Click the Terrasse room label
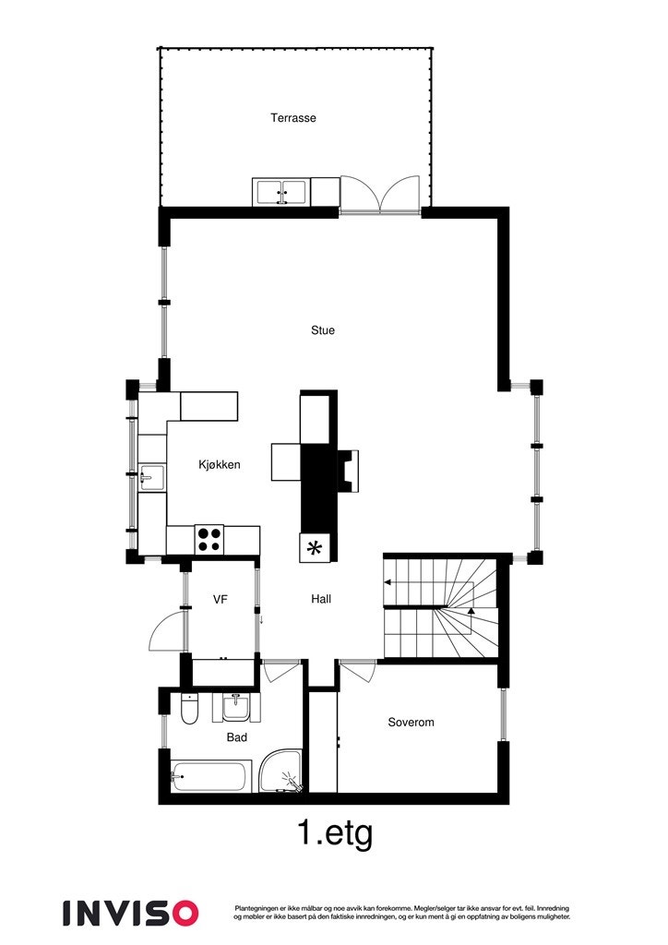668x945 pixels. (x=293, y=118)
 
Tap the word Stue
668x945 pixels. (x=322, y=330)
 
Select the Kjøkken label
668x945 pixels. (x=219, y=465)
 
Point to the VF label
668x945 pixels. (x=220, y=600)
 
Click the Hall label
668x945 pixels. (x=321, y=599)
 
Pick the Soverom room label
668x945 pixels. (x=411, y=723)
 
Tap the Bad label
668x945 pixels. (x=236, y=737)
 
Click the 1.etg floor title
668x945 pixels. (x=335, y=834)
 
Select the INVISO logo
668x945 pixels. (x=130, y=913)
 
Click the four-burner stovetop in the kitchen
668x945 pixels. (x=209, y=538)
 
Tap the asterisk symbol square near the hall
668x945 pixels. (x=315, y=548)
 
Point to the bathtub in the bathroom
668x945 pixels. (x=211, y=776)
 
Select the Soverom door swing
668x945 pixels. (x=356, y=671)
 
